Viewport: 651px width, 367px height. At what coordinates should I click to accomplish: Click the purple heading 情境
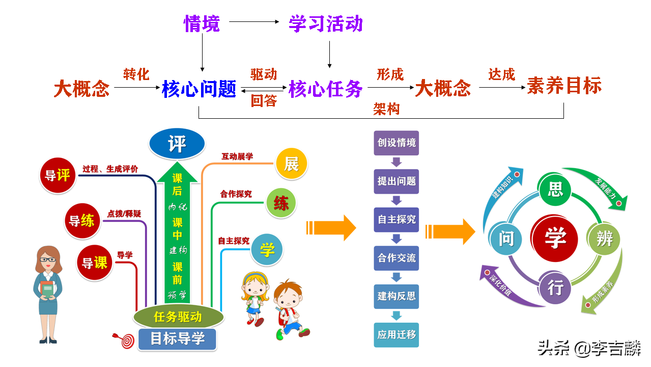point(202,23)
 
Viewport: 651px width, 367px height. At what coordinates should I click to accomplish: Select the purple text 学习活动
point(325,23)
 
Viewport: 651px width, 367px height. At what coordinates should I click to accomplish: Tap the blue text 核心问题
point(199,89)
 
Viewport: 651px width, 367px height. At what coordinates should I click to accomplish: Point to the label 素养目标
point(564,86)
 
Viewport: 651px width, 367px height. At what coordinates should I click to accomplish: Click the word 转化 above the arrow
point(136,74)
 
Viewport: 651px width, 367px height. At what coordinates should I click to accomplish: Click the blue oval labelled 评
point(177,144)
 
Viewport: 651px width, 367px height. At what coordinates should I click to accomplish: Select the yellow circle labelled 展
point(291,164)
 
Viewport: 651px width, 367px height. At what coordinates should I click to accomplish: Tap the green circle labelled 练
point(281,203)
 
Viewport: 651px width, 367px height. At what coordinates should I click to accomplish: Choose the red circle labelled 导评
point(57,175)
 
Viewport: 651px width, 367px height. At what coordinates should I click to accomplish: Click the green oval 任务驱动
point(178,317)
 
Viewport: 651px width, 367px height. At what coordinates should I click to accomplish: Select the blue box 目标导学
point(177,338)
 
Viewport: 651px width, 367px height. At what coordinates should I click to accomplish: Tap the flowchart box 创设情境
point(397,143)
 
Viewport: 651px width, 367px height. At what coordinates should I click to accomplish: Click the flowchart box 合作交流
point(397,258)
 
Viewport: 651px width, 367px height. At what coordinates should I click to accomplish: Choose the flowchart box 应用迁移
point(397,335)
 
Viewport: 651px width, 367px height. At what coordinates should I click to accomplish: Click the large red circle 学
point(554,239)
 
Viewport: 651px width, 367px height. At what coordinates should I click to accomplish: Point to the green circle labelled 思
point(555,190)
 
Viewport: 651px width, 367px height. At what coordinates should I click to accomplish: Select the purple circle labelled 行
point(555,288)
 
